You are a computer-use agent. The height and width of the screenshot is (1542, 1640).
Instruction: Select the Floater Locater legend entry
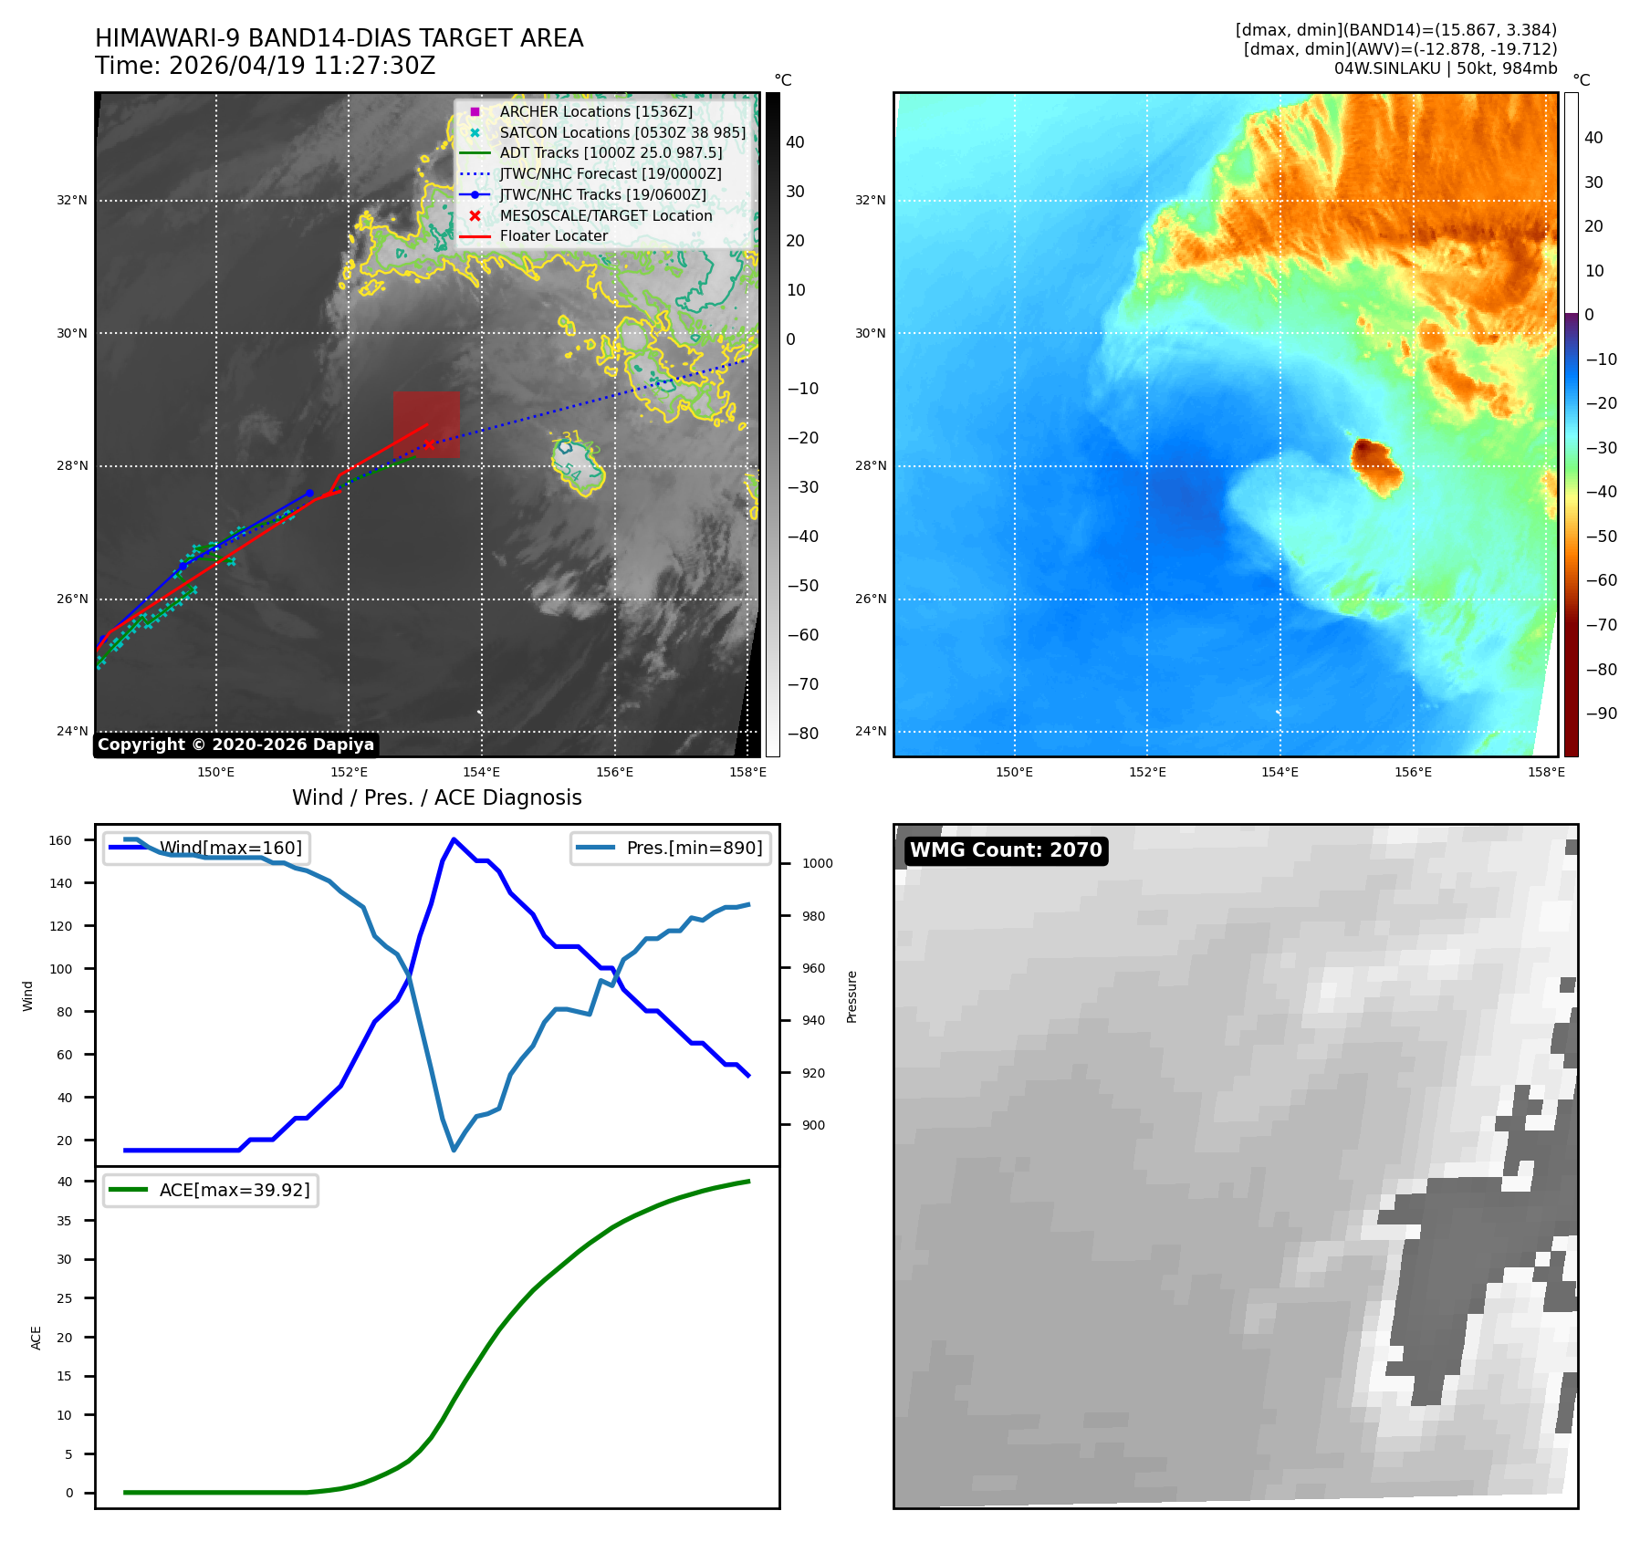[534, 235]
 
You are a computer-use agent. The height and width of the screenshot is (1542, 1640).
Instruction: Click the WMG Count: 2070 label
[1006, 850]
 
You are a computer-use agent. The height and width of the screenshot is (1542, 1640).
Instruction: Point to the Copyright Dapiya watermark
[235, 745]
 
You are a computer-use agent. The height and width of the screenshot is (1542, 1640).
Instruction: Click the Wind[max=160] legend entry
[206, 848]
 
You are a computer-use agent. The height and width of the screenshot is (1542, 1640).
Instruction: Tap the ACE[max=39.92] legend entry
[210, 1190]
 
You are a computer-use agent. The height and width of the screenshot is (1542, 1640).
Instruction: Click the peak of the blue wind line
[454, 839]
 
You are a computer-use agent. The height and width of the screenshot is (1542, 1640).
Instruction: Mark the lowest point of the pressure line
[454, 1150]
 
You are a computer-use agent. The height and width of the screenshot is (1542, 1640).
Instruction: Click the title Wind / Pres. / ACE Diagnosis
[437, 797]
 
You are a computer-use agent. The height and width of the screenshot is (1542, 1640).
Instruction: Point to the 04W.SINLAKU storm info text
[1446, 68]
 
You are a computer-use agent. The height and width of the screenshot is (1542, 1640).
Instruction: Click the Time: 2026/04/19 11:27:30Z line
[266, 66]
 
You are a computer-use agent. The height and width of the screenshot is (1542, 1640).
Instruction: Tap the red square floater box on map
[426, 424]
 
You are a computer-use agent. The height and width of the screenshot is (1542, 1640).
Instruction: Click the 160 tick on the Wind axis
[60, 840]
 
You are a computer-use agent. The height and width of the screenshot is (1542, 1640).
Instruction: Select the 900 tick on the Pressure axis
[813, 1125]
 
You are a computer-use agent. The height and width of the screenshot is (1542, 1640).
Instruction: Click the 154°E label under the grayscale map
[481, 772]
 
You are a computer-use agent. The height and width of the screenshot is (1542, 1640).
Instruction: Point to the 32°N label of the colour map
[870, 200]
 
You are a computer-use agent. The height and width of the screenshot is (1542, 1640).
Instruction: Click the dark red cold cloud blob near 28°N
[1375, 465]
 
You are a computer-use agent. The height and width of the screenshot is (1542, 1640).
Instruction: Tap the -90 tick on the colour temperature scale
[1602, 714]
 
